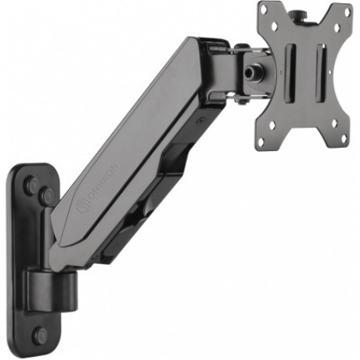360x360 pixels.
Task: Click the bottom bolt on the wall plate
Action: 41,336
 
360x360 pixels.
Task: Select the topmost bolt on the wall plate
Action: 32,185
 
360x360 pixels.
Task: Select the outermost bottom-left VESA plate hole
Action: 260,142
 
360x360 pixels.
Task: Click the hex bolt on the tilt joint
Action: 253,71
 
